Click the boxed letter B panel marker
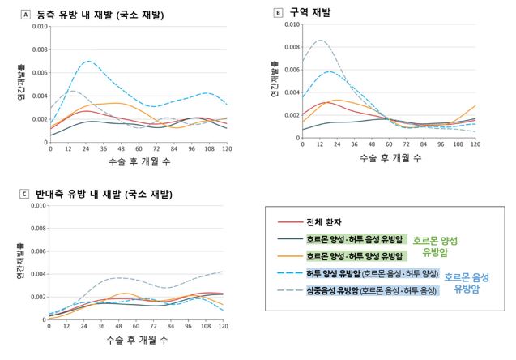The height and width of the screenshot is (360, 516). click(279, 13)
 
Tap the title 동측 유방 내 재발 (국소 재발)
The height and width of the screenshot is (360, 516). click(105, 14)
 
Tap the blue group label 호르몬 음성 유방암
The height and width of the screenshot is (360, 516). click(469, 281)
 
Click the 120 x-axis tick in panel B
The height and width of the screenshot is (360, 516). click(475, 144)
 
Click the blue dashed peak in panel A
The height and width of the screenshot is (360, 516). click(87, 61)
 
